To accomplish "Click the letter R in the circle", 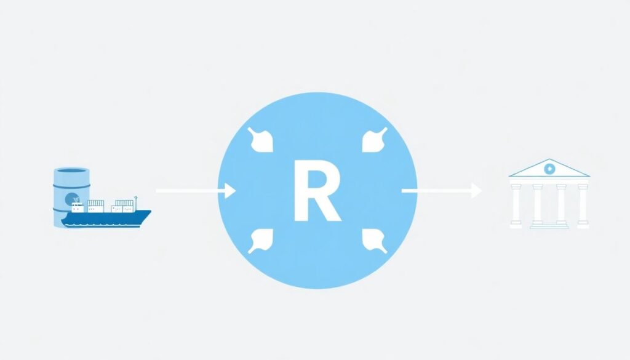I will (x=316, y=190).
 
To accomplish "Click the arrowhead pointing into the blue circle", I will (x=231, y=191).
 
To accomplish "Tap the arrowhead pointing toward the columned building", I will (x=476, y=191).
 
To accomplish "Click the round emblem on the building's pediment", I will (x=549, y=168).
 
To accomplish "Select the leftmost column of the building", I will (x=516, y=204).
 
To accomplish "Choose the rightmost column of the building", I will (x=583, y=204).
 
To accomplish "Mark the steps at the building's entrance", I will (x=549, y=225).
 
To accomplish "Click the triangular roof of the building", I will (x=549, y=169).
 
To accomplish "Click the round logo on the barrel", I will (x=72, y=198).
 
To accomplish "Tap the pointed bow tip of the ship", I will (x=150, y=213).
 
